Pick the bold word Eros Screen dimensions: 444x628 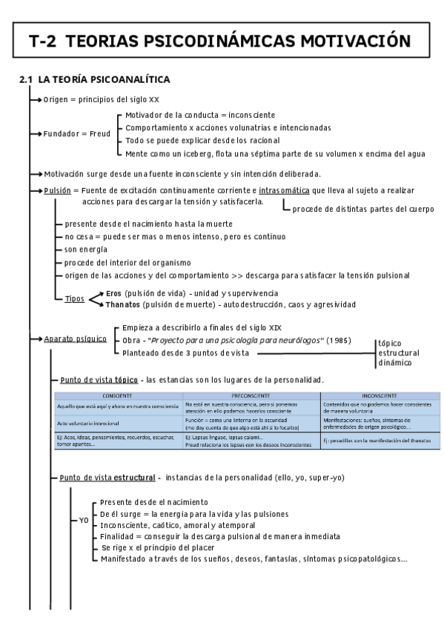[x=113, y=293]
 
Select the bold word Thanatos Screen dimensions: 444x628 [x=123, y=304]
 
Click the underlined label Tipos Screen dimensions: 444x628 [x=74, y=298]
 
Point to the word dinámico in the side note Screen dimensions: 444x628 [x=394, y=364]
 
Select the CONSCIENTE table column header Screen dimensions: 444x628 [x=118, y=395]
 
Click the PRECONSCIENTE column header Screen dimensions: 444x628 [x=251, y=395]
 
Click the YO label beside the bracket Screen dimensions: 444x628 [x=85, y=521]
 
